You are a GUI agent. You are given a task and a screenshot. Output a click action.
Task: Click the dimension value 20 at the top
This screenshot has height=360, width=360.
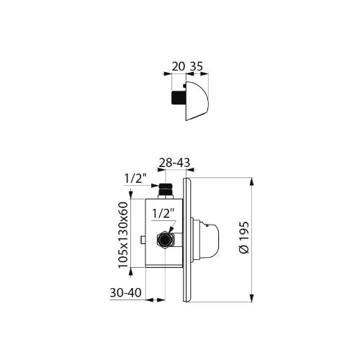click(179, 66)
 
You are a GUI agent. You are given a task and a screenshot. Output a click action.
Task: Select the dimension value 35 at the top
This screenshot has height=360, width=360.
click(197, 66)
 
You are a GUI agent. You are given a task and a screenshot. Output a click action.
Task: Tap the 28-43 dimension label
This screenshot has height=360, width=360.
click(174, 163)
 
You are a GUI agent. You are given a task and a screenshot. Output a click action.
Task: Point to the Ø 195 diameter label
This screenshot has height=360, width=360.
click(244, 238)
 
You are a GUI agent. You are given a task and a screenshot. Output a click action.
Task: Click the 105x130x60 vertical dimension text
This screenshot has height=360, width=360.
click(124, 235)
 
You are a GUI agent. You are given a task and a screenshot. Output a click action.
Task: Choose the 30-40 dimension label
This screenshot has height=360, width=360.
click(125, 293)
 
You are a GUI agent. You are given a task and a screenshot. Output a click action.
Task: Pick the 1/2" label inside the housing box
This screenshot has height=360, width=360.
click(163, 213)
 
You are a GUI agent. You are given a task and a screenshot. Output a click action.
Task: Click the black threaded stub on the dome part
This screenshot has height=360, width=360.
click(179, 98)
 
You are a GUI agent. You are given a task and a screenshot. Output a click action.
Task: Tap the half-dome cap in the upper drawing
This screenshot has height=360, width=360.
click(197, 101)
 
